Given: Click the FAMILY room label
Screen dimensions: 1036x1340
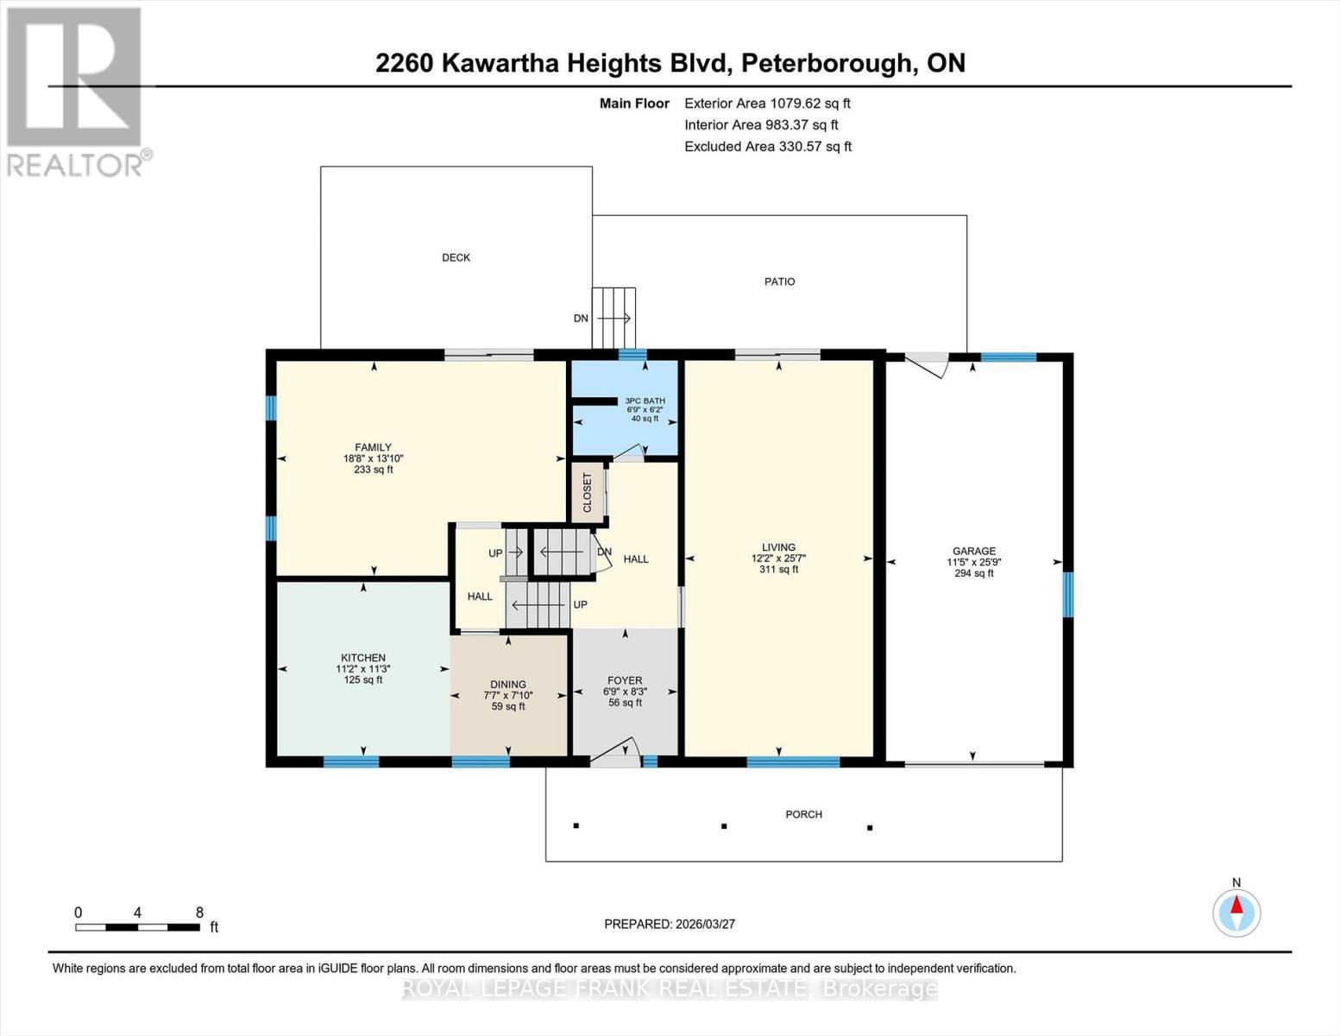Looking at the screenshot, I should click(373, 448).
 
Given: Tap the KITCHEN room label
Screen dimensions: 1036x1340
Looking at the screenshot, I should click(362, 658).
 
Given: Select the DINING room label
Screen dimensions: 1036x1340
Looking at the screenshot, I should click(507, 685).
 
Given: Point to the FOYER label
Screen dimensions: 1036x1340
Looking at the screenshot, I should click(625, 680).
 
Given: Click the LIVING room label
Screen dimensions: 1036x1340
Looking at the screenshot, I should click(778, 547).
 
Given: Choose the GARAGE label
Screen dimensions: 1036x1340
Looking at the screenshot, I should click(973, 551).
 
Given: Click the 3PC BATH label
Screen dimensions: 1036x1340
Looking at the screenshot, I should click(645, 401).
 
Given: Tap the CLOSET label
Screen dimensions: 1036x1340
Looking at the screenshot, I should click(588, 492).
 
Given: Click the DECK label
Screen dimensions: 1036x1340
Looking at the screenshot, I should click(456, 257).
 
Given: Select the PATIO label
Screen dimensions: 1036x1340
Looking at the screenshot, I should click(779, 281).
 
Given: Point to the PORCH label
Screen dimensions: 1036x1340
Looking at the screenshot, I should click(803, 814).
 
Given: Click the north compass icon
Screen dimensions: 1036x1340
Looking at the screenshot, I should click(1236, 912).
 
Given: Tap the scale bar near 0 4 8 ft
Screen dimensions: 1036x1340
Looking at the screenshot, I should click(138, 927).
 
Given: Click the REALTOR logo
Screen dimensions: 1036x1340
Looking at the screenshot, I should click(76, 91).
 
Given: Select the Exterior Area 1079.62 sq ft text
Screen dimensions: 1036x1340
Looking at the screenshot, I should click(767, 103).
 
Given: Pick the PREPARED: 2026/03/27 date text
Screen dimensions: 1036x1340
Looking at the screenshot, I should click(670, 924).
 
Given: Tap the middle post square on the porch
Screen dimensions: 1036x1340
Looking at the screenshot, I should click(724, 826).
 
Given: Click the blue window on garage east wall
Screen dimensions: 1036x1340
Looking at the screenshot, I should click(1067, 594).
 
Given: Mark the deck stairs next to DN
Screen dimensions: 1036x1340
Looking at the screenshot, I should click(613, 318).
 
